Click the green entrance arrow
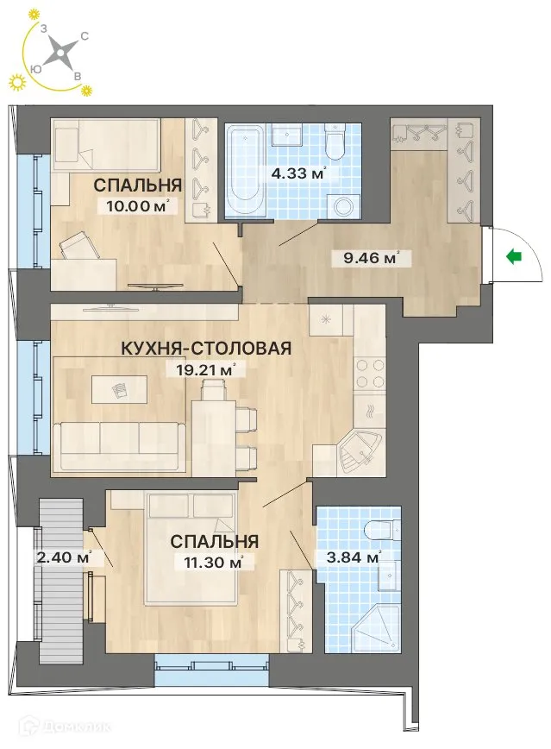coord(516,255)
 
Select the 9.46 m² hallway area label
coord(371,256)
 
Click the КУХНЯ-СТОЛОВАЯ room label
coord(205,348)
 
